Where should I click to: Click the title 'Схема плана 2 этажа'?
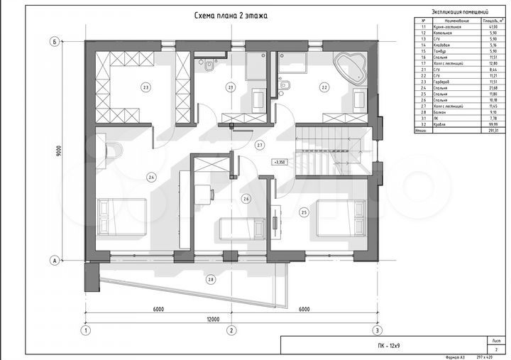(x=231, y=14)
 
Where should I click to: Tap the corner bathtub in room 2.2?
(x=351, y=67)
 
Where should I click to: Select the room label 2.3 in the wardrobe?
(x=145, y=88)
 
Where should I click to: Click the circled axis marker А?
(x=54, y=261)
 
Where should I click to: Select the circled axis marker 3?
(x=377, y=330)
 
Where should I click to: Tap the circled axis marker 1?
(x=85, y=330)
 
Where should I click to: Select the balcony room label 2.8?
(x=211, y=280)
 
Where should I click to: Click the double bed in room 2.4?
(x=122, y=216)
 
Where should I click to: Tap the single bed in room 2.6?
(x=238, y=229)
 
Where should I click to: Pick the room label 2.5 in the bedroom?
(x=304, y=212)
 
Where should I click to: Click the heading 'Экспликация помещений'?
(x=459, y=12)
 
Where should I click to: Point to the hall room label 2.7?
(x=260, y=145)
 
